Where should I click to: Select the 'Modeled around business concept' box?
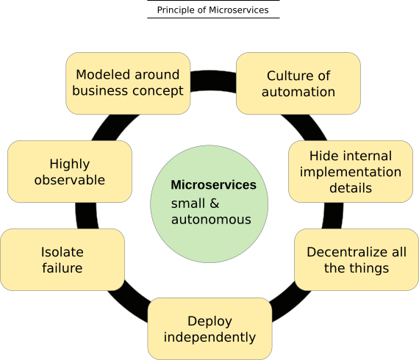pos(128,83)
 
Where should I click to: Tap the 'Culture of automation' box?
pos(298,83)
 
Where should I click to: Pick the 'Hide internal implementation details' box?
pos(351,171)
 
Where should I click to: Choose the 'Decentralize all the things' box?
pos(357,259)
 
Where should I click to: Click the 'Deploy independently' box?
pos(209,328)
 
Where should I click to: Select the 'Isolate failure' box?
pos(62,259)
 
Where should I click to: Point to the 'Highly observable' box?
pos(70,171)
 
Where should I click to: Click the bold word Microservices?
pos(213,185)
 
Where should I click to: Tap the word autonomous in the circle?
pos(211,220)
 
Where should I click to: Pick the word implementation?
pos(351,172)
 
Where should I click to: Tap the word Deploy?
pos(209,321)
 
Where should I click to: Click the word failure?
pos(62,268)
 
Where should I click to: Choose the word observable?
pos(70,180)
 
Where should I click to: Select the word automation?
pos(298,92)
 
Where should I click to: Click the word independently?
pos(209,338)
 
